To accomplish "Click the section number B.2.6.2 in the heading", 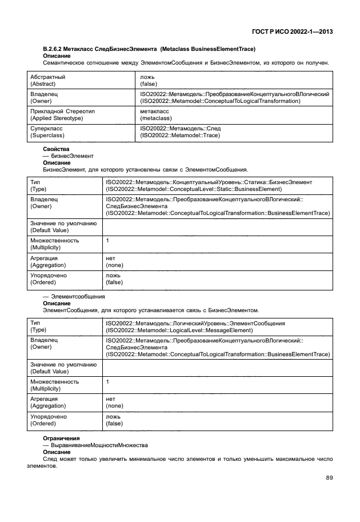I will point(55,49).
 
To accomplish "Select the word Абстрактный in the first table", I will point(48,77).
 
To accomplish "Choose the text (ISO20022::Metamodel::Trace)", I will point(179,136).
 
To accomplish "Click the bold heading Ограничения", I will point(61,438).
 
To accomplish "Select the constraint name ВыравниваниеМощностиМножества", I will point(99,445).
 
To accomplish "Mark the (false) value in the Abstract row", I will point(148,83).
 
